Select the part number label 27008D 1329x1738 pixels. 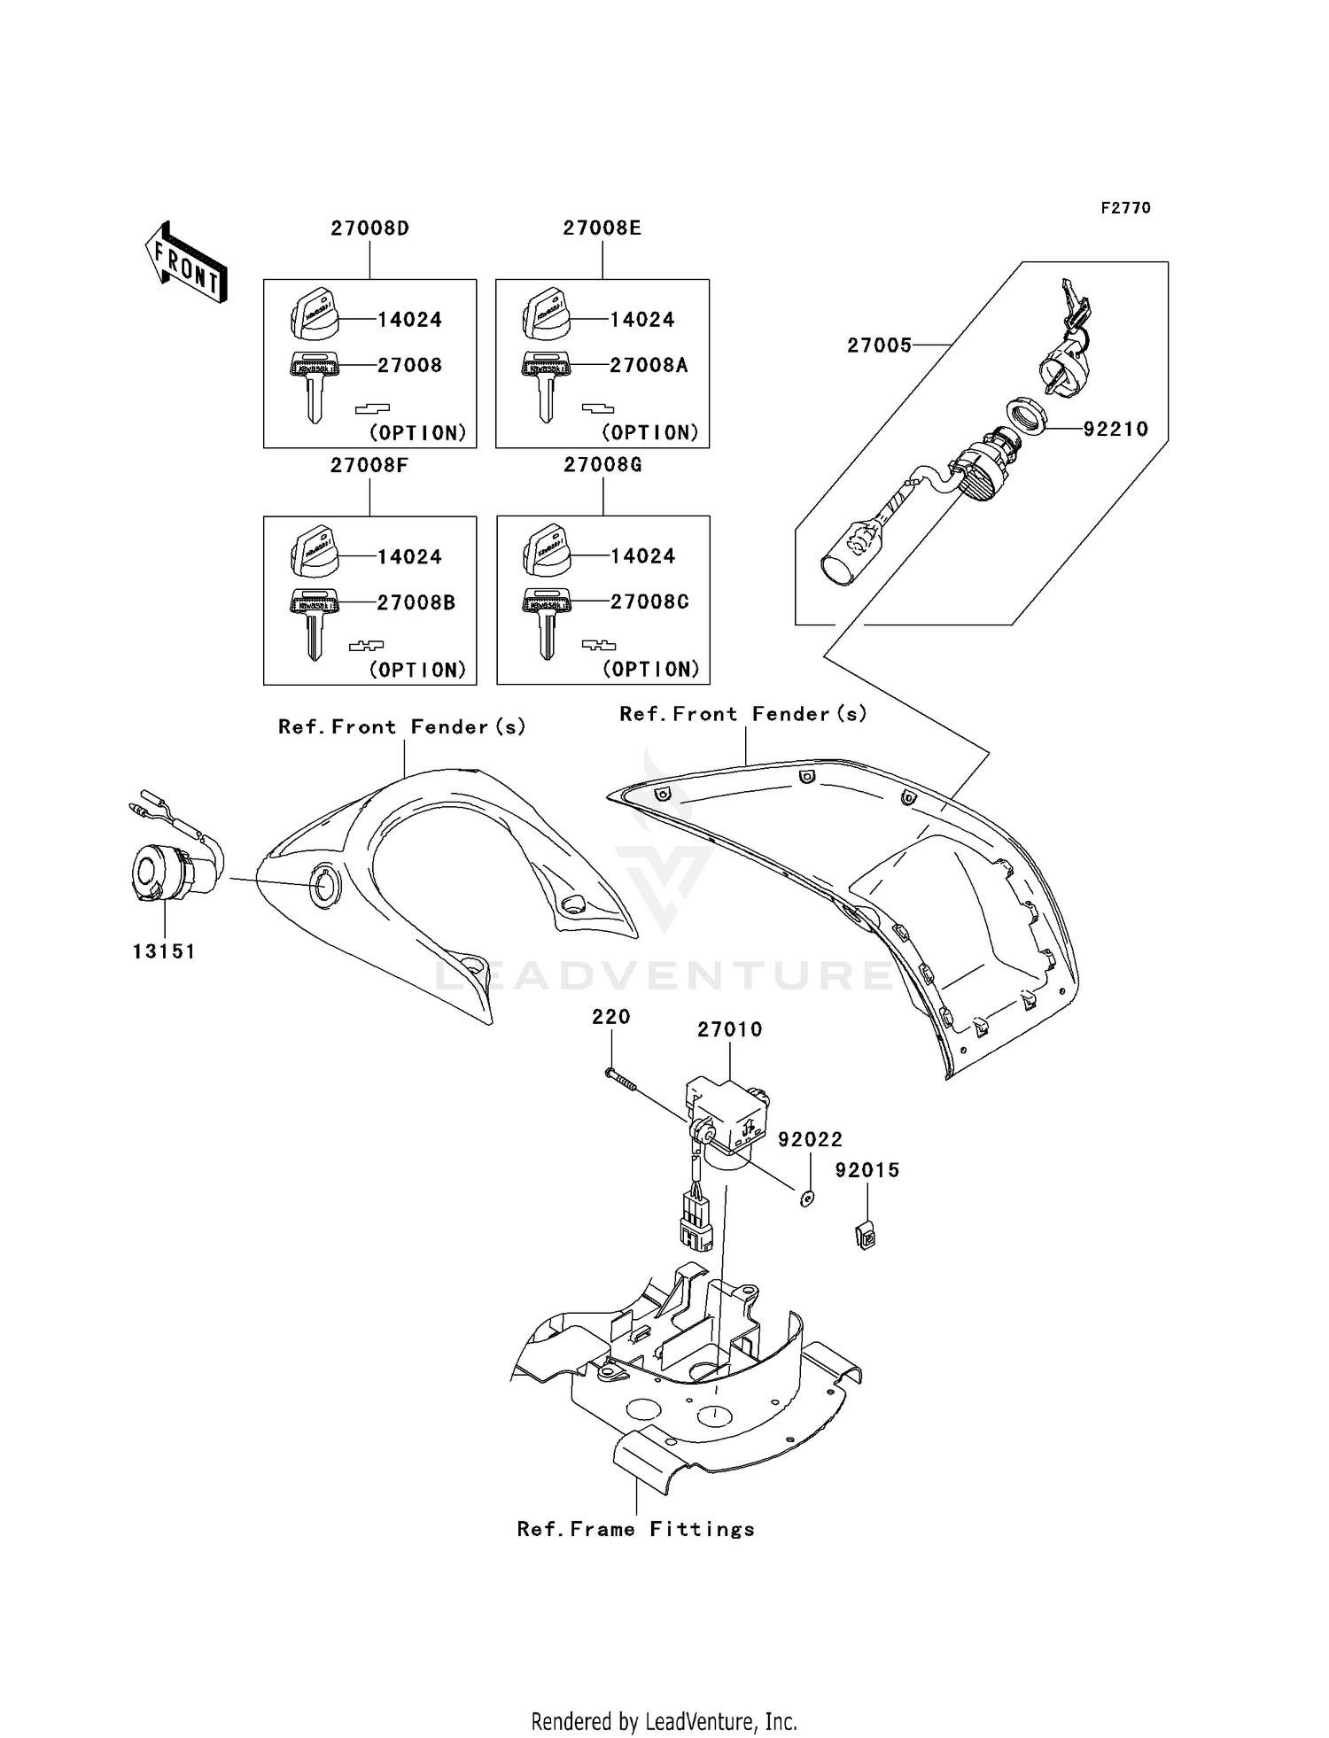coord(369,229)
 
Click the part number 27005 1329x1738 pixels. coord(879,345)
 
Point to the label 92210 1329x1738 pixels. coord(1115,430)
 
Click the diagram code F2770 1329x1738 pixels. coord(1125,208)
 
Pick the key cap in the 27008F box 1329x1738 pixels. coord(315,553)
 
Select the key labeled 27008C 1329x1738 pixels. coord(547,622)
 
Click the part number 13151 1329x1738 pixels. coord(164,951)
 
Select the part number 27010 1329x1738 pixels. coord(729,1029)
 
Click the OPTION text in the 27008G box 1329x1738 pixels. coord(650,670)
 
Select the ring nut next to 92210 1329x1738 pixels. coord(1028,415)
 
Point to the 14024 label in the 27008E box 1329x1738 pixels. coord(641,320)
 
